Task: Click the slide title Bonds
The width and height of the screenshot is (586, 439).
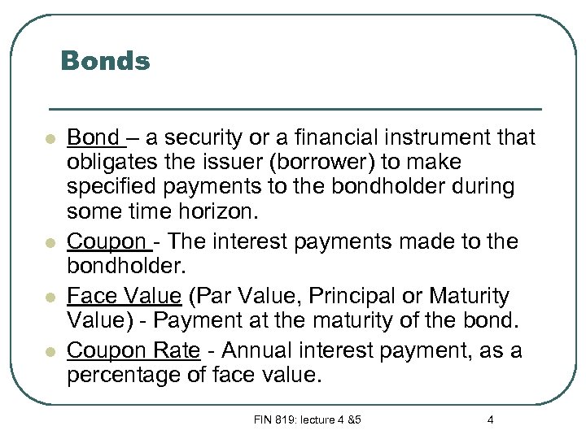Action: pyautogui.click(x=105, y=61)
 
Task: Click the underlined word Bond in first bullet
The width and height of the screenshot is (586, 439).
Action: pyautogui.click(x=92, y=136)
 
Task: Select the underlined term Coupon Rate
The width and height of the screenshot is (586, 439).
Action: pyautogui.click(x=133, y=350)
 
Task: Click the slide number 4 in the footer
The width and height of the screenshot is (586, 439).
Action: pyautogui.click(x=490, y=419)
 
